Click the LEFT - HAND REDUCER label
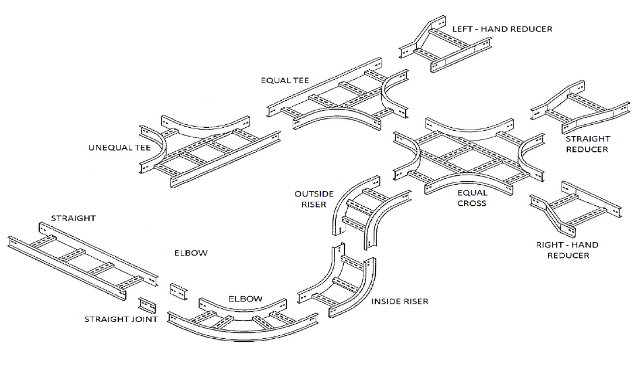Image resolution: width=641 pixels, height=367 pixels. pyautogui.click(x=502, y=29)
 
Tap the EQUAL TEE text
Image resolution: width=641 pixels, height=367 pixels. pyautogui.click(x=285, y=81)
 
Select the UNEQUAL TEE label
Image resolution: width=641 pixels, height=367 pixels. pyautogui.click(x=119, y=148)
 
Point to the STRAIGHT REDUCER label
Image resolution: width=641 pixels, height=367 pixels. pyautogui.click(x=588, y=144)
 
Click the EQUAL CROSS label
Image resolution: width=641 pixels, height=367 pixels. pyautogui.click(x=472, y=198)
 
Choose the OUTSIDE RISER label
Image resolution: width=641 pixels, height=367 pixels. pyautogui.click(x=314, y=199)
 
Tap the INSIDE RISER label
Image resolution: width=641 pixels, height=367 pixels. pyautogui.click(x=399, y=301)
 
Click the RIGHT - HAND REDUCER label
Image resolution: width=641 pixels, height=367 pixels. pyautogui.click(x=567, y=250)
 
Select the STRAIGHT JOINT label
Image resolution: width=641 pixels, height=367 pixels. pyautogui.click(x=121, y=319)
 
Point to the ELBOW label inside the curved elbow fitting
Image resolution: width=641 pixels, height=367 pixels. pyautogui.click(x=245, y=299)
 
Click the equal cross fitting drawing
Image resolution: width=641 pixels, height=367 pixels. pyautogui.click(x=469, y=155)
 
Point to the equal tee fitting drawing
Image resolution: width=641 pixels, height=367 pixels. pyautogui.click(x=337, y=94)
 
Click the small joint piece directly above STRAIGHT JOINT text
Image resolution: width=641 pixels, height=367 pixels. pyautogui.click(x=147, y=305)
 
